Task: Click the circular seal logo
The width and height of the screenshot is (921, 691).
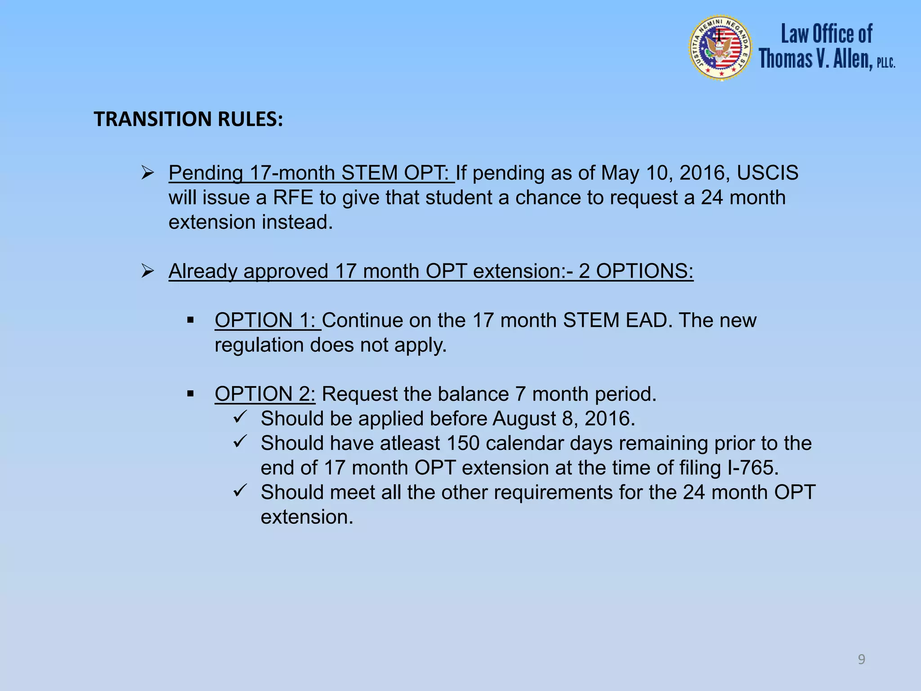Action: pos(720,48)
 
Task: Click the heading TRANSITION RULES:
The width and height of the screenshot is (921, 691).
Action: pos(188,119)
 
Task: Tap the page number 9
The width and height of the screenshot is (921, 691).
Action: pos(861,660)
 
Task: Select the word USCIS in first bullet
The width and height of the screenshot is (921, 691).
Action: pos(767,173)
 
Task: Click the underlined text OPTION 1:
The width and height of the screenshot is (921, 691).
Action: pos(267,320)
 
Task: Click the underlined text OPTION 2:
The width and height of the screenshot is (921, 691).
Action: pos(264,394)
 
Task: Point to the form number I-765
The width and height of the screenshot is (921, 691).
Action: pos(753,468)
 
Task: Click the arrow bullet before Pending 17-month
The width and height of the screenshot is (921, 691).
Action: pos(148,173)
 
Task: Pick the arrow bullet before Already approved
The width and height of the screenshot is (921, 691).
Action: pos(148,271)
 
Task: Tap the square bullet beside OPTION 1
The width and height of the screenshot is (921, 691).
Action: pos(190,320)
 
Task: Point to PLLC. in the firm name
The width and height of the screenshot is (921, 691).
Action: pos(885,63)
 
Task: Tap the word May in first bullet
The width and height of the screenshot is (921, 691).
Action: pos(620,173)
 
